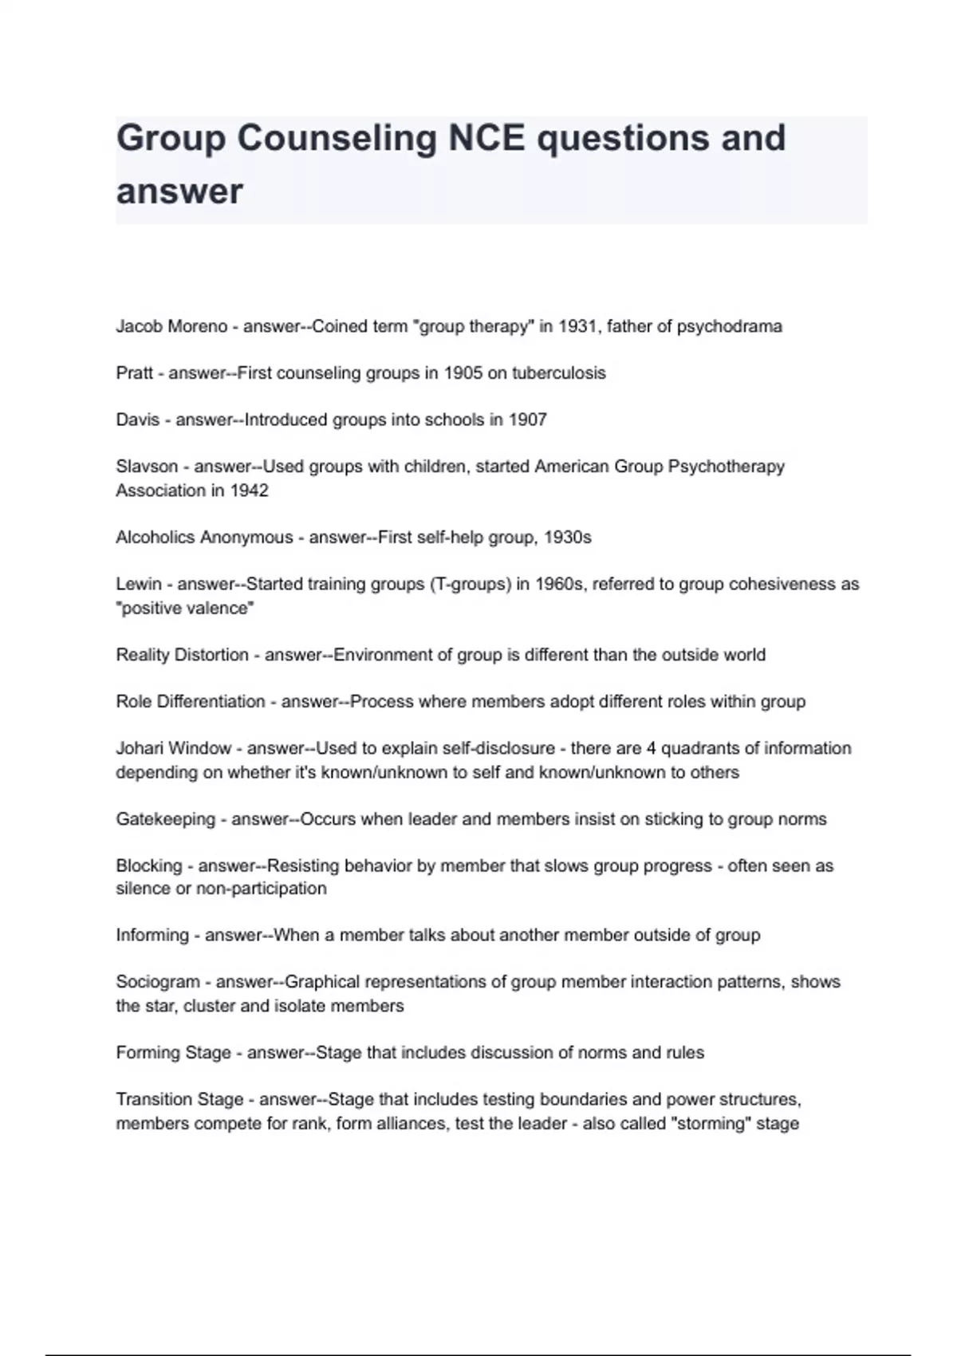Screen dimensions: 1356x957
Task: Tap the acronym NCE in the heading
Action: point(486,138)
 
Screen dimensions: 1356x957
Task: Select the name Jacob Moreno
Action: point(171,326)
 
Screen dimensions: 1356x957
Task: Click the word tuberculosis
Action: point(558,373)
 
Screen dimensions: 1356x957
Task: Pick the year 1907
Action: point(527,420)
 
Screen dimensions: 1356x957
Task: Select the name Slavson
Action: point(147,467)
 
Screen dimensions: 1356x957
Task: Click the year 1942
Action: point(249,491)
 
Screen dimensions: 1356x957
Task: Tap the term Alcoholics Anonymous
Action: point(204,538)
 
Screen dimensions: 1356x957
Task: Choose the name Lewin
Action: point(139,584)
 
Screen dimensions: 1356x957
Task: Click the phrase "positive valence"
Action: point(185,608)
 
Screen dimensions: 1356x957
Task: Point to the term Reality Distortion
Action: point(183,655)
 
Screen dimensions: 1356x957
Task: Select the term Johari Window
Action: point(174,748)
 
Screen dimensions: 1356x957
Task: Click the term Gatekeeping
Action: point(165,819)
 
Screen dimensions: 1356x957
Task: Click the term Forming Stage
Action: point(173,1053)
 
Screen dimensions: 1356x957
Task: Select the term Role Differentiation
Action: point(191,702)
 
